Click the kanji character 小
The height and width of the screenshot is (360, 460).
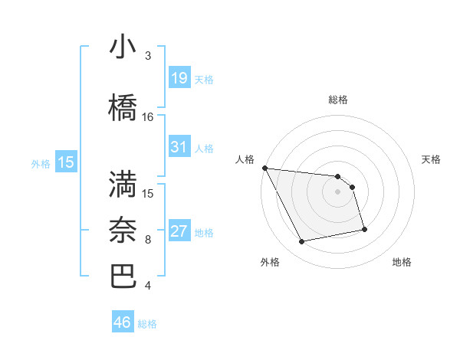click(x=123, y=48)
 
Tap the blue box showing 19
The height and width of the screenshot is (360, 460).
click(x=179, y=78)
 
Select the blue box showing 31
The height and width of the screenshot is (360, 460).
click(x=179, y=147)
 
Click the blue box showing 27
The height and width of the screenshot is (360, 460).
click(x=179, y=231)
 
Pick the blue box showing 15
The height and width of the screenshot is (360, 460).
click(x=66, y=162)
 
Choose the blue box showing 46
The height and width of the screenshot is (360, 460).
click(x=123, y=322)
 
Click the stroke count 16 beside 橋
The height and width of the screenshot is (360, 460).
click(x=148, y=117)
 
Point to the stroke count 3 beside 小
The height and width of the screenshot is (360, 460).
click(x=148, y=56)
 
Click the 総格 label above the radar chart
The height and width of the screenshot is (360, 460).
click(x=337, y=100)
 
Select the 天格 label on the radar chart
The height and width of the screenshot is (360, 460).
click(x=431, y=159)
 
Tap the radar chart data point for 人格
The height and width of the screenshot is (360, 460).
click(x=264, y=168)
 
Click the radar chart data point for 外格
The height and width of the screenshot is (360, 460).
click(x=301, y=242)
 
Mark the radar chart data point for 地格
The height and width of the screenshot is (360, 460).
click(x=364, y=229)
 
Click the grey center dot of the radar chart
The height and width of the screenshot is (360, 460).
click(x=337, y=191)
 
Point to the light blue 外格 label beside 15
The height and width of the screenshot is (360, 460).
click(x=41, y=163)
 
